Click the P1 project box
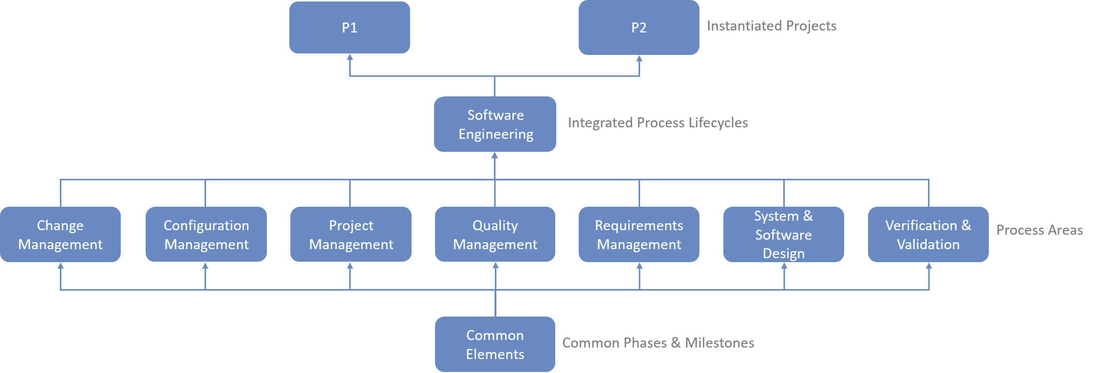tap(349, 27)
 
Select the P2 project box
tap(639, 27)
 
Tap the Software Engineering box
tap(495, 124)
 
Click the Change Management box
tap(60, 235)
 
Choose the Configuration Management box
tap(206, 235)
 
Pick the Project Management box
tap(350, 235)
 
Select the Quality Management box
tap(495, 235)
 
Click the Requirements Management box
tap(639, 235)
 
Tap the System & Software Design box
tap(783, 235)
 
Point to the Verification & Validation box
tap(928, 235)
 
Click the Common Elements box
tap(495, 345)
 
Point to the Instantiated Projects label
tap(771, 26)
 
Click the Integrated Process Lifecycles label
tap(658, 123)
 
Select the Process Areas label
tap(1039, 230)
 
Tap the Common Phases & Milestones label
tap(658, 343)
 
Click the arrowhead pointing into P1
tap(350, 57)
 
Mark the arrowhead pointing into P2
tap(639, 58)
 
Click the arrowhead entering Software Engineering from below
tap(495, 156)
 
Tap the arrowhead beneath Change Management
tap(60, 266)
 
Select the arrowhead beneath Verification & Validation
tap(928, 266)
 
